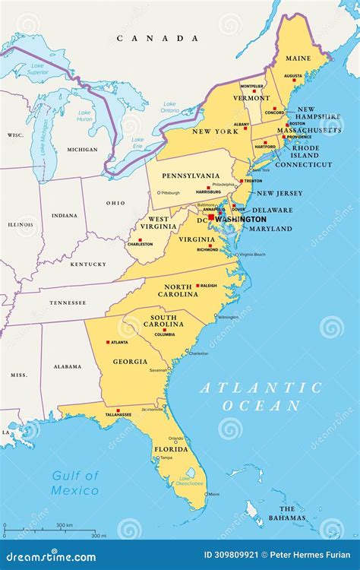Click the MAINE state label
298,58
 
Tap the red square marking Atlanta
108,343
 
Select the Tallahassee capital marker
118,410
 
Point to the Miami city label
214,494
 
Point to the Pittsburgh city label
169,193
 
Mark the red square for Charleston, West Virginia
139,239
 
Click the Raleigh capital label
208,287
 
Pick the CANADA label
157,38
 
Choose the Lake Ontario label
169,107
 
